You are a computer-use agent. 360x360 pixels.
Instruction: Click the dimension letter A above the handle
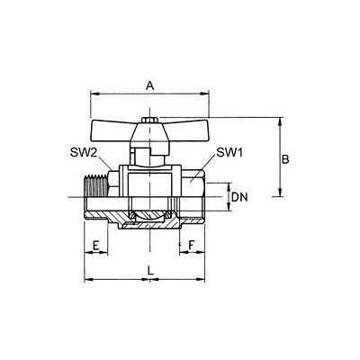coord(150,85)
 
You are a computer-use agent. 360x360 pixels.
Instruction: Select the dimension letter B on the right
coord(285,159)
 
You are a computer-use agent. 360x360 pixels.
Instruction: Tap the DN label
coord(239,197)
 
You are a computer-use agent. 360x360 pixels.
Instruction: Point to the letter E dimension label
coord(95,246)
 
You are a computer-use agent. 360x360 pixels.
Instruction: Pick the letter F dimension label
coord(192,246)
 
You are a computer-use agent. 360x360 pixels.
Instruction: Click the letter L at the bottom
coord(150,271)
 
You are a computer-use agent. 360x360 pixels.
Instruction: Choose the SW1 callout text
coord(229,153)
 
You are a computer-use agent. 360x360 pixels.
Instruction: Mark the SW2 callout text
coord(83,153)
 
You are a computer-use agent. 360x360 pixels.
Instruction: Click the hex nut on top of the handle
coord(149,120)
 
